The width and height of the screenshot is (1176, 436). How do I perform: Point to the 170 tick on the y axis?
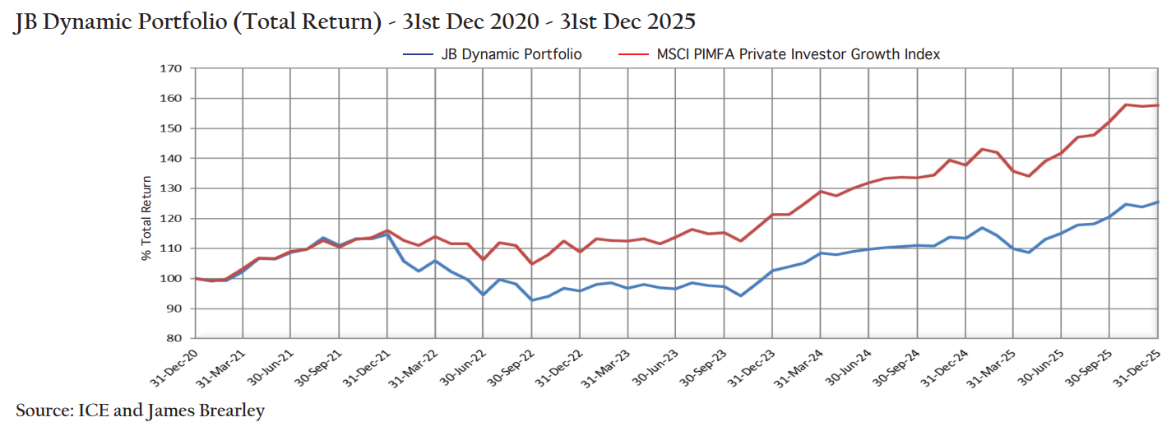click(x=169, y=68)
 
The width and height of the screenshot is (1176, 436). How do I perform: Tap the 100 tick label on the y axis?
click(x=169, y=278)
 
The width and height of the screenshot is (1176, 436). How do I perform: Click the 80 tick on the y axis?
click(x=173, y=338)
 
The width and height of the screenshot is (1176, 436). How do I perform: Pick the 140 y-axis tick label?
click(x=169, y=158)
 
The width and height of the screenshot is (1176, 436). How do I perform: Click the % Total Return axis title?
click(x=146, y=218)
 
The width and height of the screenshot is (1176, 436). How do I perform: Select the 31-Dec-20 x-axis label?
click(x=178, y=363)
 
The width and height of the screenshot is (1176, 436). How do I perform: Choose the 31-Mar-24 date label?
click(x=803, y=363)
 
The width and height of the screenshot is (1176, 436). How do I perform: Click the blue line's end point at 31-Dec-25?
click(x=1157, y=202)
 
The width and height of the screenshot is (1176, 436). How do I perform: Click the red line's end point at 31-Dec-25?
click(x=1157, y=105)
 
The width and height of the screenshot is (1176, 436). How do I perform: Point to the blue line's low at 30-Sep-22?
click(x=531, y=299)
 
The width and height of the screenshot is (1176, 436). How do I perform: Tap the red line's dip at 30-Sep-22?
click(x=531, y=263)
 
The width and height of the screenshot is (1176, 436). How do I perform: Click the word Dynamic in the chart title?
click(x=91, y=21)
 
